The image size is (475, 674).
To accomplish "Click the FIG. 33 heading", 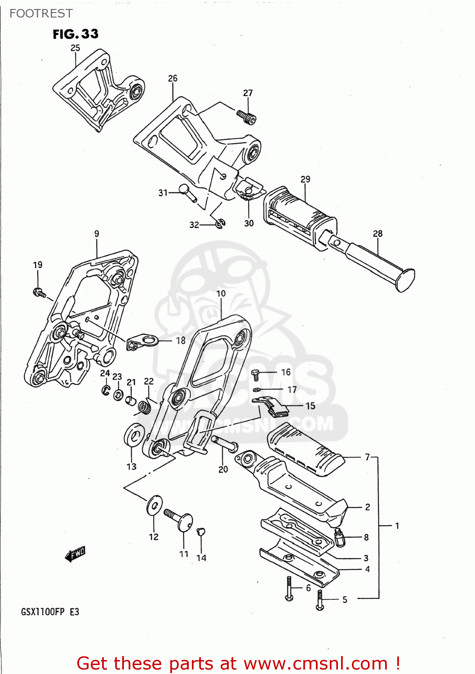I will coord(75,34).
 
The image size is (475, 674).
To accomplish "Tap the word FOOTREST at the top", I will coord(41,13).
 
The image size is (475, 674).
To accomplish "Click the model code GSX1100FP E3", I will coord(50,612).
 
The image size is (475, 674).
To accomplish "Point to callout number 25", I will coord(75,48).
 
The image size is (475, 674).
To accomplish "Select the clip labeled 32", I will coord(220,223).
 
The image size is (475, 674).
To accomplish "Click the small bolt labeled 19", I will coord(39,293).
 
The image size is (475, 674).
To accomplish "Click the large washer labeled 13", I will coord(134,435).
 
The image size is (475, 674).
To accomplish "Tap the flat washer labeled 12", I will coord(154,505).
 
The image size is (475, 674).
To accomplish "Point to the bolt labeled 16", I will coord(255,374).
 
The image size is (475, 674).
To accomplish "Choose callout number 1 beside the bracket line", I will coord(397,525).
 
